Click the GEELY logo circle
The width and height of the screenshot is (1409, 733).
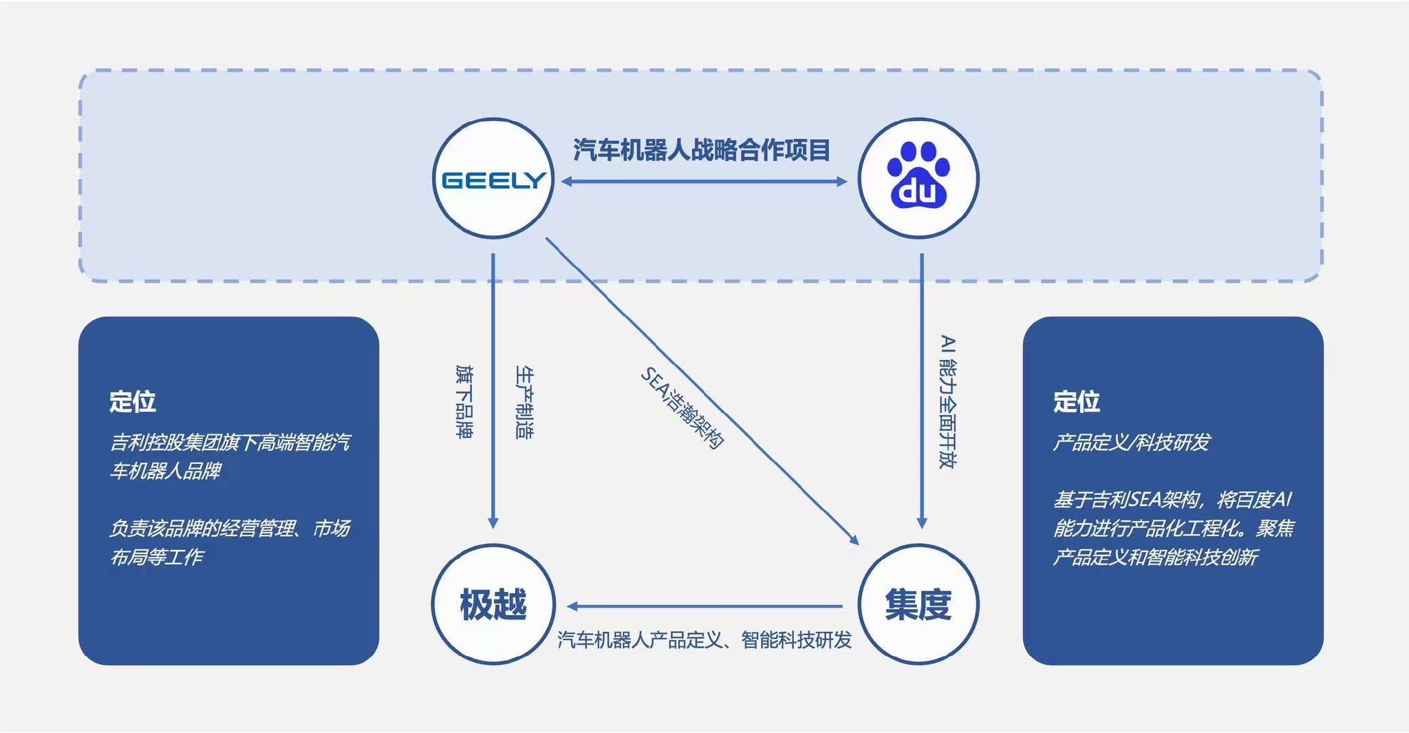493,179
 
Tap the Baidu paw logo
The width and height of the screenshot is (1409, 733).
918,178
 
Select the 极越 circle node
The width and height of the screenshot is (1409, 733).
493,604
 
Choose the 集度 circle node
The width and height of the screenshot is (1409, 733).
918,604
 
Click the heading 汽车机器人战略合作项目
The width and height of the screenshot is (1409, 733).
702,149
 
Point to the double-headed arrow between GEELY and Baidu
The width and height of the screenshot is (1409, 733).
704,182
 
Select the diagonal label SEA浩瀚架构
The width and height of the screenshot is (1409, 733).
682,407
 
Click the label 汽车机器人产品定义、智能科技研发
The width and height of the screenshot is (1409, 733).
704,640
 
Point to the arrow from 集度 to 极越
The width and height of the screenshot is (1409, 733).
704,606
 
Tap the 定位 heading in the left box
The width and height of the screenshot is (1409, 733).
133,401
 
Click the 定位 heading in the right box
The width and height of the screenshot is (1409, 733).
1077,401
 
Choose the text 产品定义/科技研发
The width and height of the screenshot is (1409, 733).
1131,442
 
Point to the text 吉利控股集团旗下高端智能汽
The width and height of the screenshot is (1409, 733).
230,442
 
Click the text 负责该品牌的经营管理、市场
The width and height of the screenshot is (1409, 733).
230,528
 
